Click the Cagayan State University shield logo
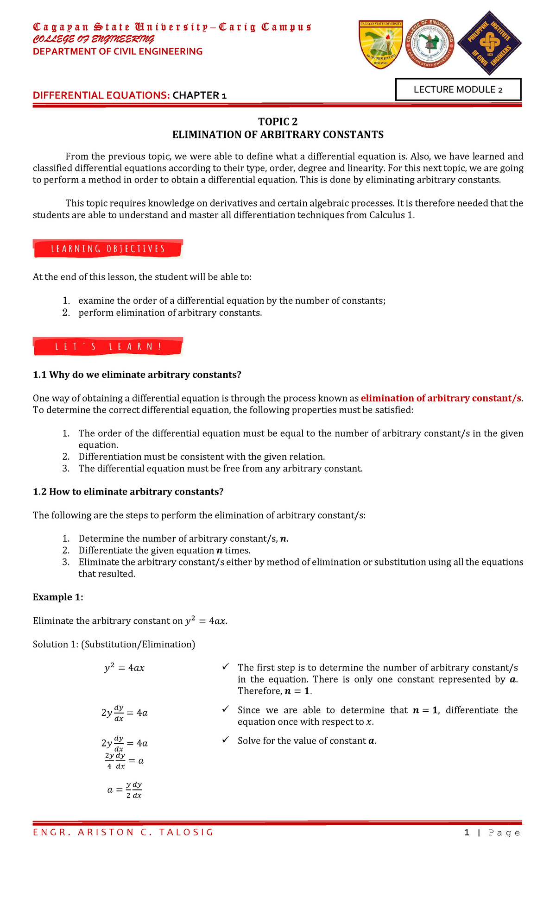(381, 44)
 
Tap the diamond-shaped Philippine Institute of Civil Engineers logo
(489, 43)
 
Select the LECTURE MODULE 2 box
(458, 89)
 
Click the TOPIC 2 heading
(278, 122)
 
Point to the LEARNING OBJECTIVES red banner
(108, 249)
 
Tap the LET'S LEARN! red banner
(108, 347)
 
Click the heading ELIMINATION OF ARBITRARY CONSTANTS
(278, 135)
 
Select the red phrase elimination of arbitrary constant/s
(441, 398)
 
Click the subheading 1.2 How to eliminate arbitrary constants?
(128, 492)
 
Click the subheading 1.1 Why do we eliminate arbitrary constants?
(137, 375)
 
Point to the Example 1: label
(58, 597)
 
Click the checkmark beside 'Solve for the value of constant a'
(225, 740)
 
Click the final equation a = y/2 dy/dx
(125, 790)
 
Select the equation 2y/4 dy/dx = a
(124, 761)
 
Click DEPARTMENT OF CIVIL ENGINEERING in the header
(118, 51)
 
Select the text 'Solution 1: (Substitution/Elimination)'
(114, 644)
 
